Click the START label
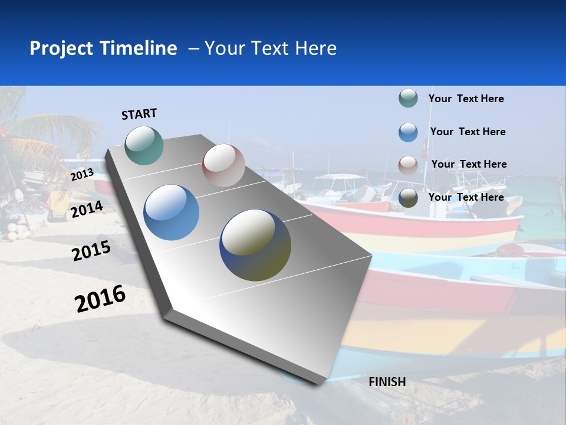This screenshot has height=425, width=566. point(139,114)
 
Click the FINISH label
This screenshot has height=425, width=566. point(387,382)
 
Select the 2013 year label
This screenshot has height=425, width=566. point(82,174)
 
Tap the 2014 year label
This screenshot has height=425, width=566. point(87,209)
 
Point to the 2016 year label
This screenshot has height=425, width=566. point(100,298)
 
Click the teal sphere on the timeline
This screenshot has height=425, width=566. point(144,145)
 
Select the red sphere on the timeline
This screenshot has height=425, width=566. point(223,165)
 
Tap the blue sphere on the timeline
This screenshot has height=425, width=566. point(171,212)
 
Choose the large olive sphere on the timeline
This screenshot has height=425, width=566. point(255,245)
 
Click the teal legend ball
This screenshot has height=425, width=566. point(408,98)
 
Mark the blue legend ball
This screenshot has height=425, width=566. point(408,132)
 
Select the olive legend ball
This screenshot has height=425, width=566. point(408,198)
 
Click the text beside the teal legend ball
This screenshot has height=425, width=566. point(466,99)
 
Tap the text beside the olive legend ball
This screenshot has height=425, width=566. point(466,197)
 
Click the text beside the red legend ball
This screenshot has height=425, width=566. point(469,164)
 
